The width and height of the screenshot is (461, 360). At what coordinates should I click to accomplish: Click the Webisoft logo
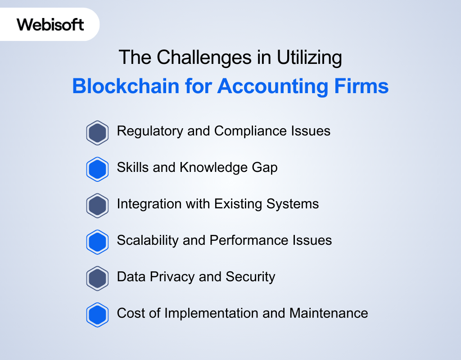click(x=50, y=24)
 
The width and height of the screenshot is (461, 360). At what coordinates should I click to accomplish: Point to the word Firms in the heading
click(x=365, y=86)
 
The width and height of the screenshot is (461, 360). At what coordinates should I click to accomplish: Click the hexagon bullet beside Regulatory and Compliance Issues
click(x=97, y=133)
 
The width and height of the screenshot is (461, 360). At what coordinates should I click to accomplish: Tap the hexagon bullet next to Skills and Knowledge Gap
click(x=97, y=169)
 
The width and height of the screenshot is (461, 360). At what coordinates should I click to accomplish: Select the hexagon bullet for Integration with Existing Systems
click(x=97, y=206)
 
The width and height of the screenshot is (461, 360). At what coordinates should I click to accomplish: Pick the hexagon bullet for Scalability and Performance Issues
click(x=97, y=242)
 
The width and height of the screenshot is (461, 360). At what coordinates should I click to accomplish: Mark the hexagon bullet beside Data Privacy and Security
click(x=97, y=279)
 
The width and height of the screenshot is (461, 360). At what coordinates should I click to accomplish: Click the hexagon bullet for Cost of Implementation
click(x=97, y=315)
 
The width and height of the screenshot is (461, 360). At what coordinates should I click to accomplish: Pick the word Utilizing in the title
click(x=310, y=58)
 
